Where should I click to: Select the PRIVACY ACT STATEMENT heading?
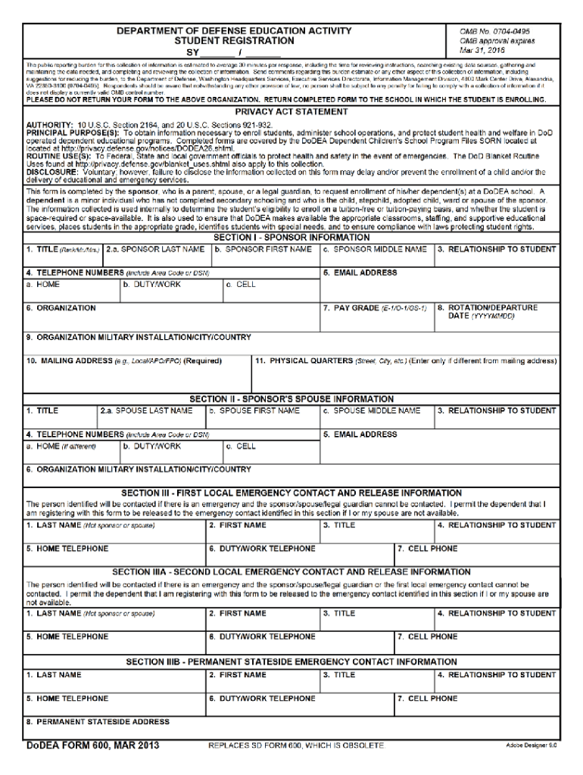291,111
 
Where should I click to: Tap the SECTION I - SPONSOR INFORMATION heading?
291,237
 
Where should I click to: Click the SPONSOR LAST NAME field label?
155,248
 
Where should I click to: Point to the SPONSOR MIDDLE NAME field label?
374,248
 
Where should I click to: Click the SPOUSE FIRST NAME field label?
254,411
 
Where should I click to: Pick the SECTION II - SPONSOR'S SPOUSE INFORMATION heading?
291,399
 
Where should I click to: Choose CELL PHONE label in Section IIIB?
429,698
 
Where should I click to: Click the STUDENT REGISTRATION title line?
234,41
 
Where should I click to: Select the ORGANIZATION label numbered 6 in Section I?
61,308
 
